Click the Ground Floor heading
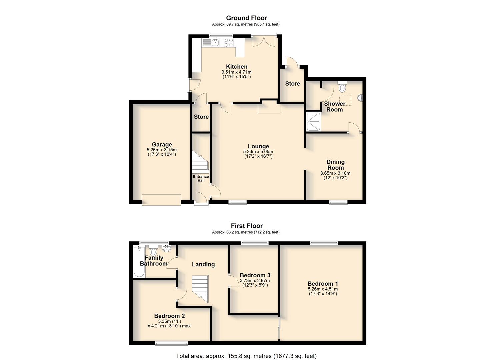point(246,18)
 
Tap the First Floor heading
point(247,226)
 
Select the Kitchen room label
point(237,67)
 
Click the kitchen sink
point(215,42)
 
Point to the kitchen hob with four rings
point(229,42)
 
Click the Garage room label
point(162,144)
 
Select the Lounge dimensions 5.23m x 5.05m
point(258,152)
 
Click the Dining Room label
point(335,165)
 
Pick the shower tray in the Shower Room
point(314,121)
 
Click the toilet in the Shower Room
point(342,87)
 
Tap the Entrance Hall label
point(201,178)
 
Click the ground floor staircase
point(200,161)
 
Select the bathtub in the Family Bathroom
point(139,262)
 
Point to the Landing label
point(203,264)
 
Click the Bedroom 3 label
point(255,275)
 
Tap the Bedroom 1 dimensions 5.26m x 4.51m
point(322,289)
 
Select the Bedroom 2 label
point(169,316)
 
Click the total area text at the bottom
point(246,356)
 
